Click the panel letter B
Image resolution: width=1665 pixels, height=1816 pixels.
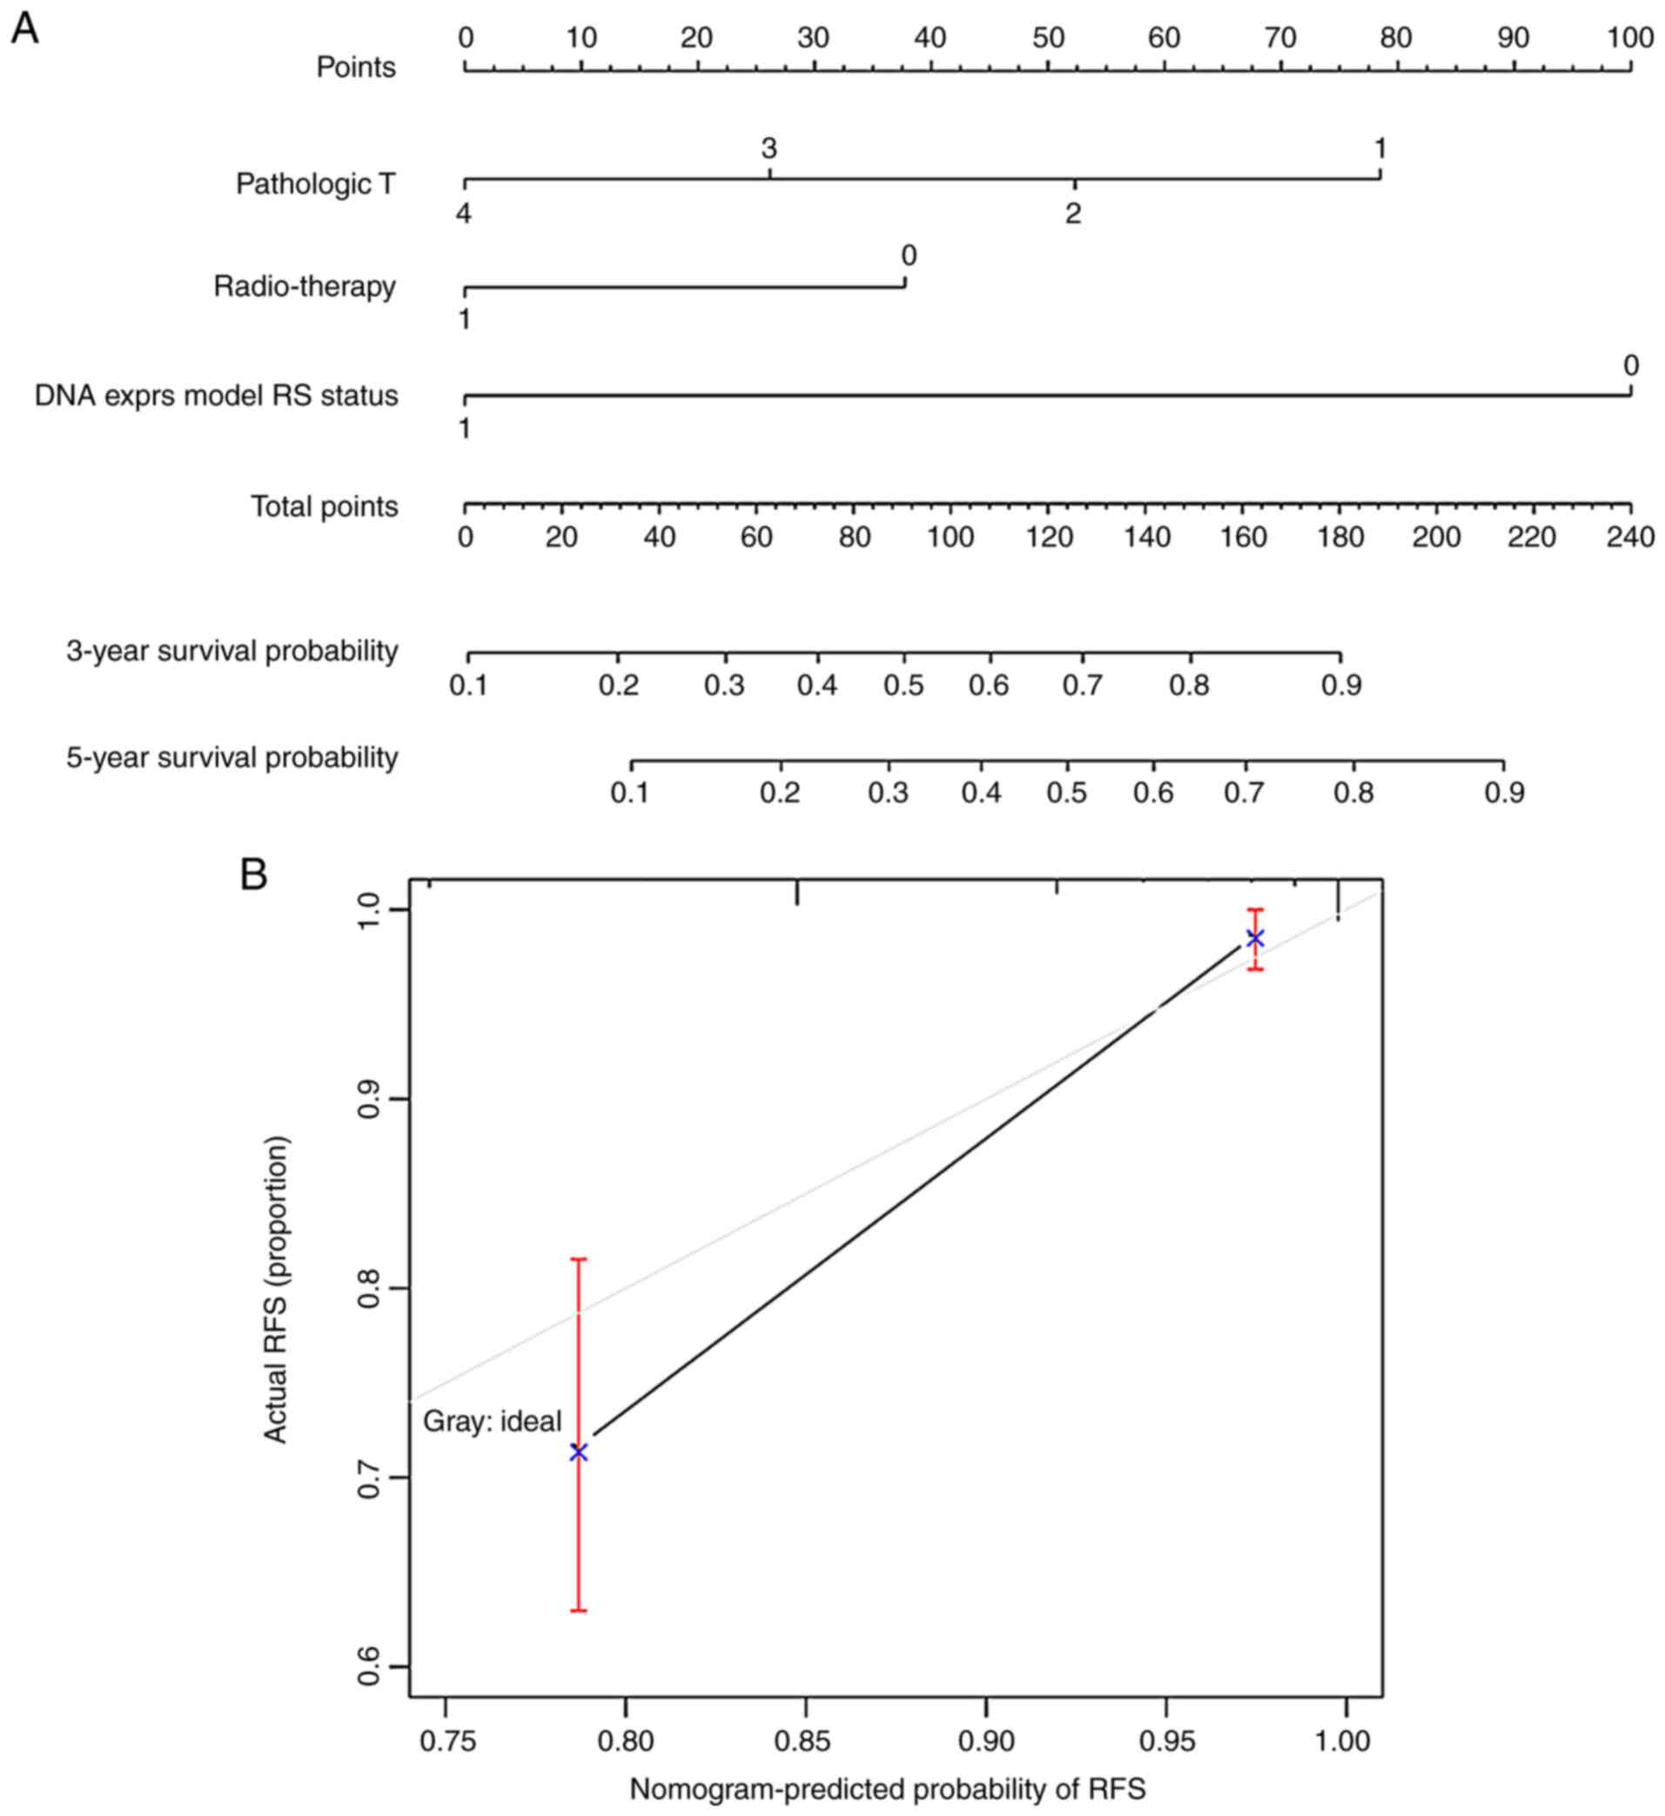[x=254, y=874]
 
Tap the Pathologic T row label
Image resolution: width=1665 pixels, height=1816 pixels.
[x=315, y=184]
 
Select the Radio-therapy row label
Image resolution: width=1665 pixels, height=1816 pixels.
[x=305, y=286]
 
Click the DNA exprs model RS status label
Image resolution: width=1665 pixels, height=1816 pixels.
[x=216, y=395]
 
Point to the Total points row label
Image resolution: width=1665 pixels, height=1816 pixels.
[x=325, y=506]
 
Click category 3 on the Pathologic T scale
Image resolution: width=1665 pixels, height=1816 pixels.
[x=769, y=148]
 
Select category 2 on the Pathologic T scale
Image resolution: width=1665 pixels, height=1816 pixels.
[x=1072, y=214]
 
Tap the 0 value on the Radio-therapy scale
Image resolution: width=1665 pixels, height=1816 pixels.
[x=908, y=257]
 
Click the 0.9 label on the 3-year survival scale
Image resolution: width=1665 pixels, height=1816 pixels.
[x=1341, y=686]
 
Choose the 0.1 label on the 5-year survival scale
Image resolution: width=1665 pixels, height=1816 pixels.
[x=630, y=793]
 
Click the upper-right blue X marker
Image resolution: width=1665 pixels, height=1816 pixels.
[x=1255, y=939]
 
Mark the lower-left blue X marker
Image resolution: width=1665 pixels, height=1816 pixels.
[x=579, y=1452]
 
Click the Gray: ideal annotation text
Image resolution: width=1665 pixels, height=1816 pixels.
[x=492, y=1422]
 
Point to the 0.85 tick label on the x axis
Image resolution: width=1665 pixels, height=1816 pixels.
[x=804, y=1741]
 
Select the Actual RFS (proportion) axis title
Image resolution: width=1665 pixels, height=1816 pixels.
[x=276, y=1289]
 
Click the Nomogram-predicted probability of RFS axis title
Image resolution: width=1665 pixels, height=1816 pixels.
[x=888, y=1789]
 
